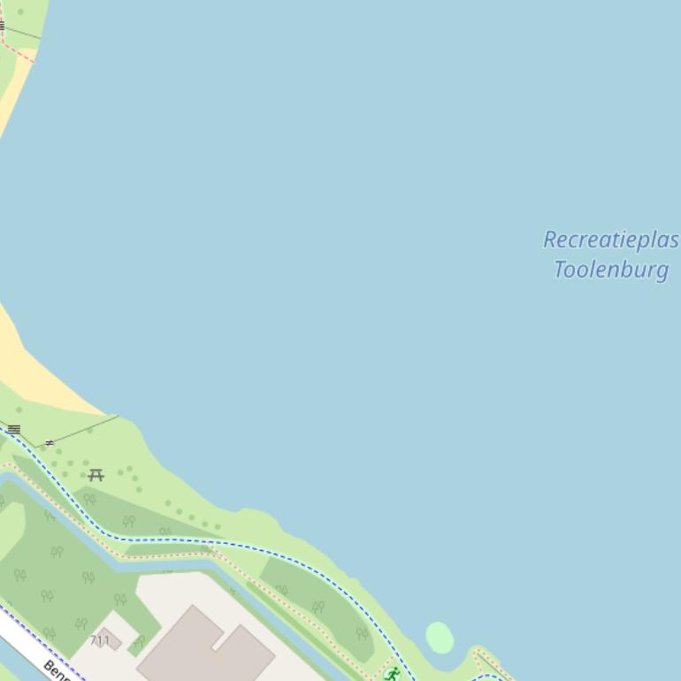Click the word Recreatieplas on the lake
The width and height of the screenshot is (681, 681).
(610, 241)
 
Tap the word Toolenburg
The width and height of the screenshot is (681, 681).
(610, 269)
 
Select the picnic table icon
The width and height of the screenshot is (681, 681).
(96, 475)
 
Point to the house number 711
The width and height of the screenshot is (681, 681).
(100, 640)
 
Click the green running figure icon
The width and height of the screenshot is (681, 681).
(391, 675)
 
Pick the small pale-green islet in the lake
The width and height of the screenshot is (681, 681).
(440, 637)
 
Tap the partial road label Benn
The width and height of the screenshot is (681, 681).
(58, 670)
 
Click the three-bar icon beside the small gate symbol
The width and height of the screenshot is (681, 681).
(14, 430)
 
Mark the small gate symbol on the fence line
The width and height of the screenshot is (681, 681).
(50, 442)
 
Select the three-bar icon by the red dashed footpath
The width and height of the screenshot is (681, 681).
(2, 27)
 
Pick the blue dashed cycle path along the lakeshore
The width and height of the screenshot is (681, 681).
(265, 549)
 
